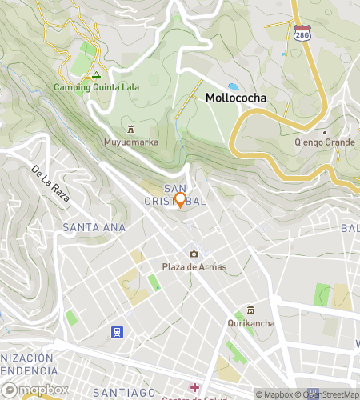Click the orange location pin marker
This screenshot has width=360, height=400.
tap(180, 200)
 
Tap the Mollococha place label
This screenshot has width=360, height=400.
tap(236, 98)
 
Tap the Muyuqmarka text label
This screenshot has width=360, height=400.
tap(131, 142)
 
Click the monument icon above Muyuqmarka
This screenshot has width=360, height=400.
tap(131, 129)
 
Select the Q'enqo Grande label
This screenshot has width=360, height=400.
tap(325, 143)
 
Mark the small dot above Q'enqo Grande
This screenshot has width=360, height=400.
tap(325, 132)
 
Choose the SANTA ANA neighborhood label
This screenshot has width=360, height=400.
tap(94, 228)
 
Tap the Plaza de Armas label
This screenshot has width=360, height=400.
tap(194, 267)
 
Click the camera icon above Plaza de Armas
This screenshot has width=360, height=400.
tap(194, 254)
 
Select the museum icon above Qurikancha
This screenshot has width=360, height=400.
tap(250, 310)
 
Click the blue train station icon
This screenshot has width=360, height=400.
tap(118, 331)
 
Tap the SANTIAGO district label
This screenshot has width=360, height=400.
tap(124, 392)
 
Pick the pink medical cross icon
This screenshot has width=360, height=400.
tap(194, 387)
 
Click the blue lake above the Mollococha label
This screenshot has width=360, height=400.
tap(233, 86)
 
